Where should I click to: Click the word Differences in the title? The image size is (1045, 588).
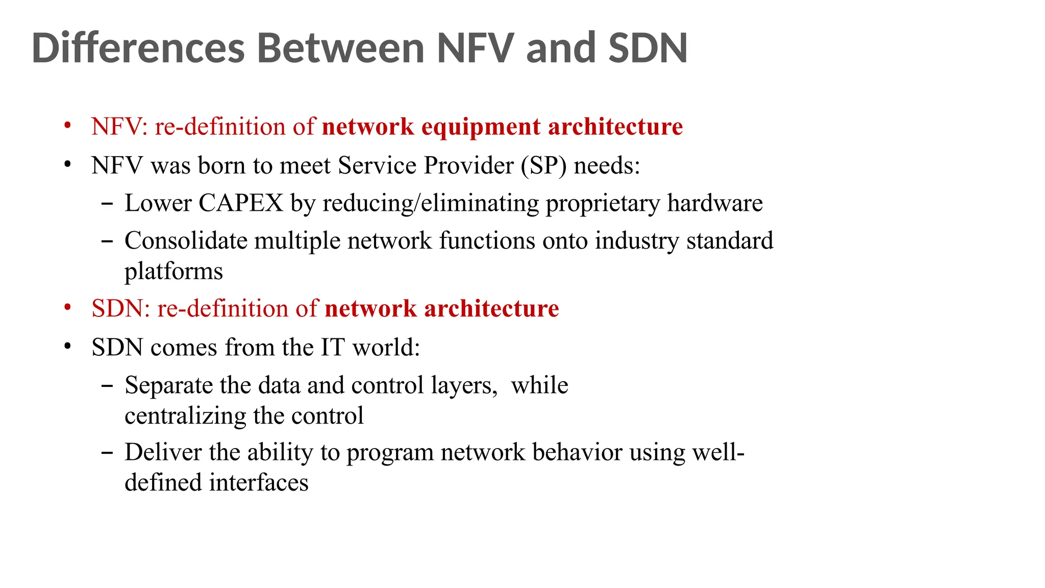(138, 48)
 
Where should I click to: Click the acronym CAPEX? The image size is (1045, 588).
(240, 203)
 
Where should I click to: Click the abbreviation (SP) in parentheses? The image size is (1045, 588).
(544, 166)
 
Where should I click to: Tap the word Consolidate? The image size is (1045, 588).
(186, 240)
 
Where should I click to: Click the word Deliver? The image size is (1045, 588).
(163, 452)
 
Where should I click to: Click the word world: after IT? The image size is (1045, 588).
(386, 348)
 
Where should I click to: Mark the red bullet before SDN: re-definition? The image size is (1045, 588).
(68, 308)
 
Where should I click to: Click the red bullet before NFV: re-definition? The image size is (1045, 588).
(68, 126)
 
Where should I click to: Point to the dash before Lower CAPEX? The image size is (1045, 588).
(107, 204)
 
